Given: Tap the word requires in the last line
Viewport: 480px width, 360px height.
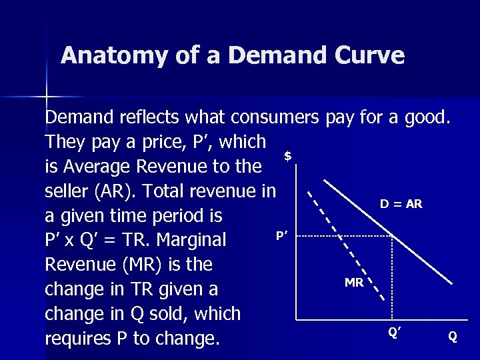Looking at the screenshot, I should click(x=85, y=338).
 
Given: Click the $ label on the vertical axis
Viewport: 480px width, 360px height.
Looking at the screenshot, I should click(x=287, y=156).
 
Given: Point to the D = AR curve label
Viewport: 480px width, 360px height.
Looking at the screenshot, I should click(x=401, y=204).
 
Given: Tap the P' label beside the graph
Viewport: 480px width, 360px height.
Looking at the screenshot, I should click(x=281, y=235).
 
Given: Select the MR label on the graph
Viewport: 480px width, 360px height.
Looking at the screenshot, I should click(x=354, y=283).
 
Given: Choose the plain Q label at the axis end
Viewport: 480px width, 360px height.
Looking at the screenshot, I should click(x=453, y=337).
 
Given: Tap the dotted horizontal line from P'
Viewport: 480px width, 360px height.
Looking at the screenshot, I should click(x=340, y=235).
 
